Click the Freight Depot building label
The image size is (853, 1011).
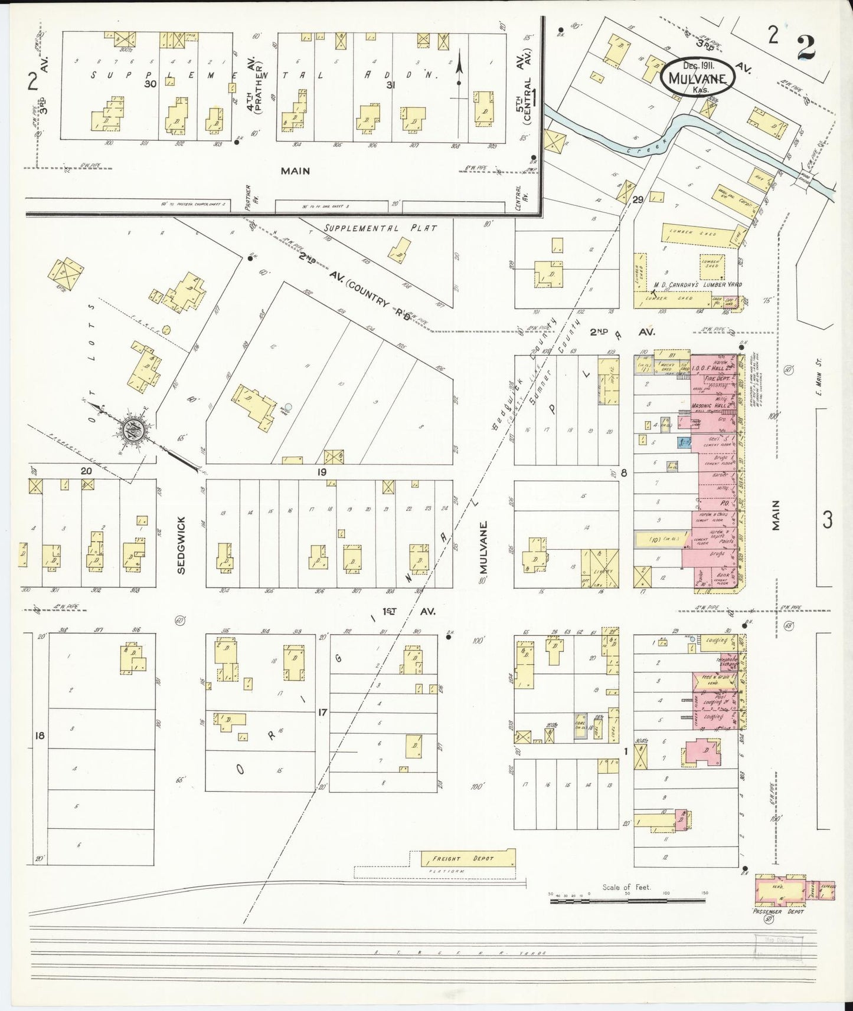click(x=470, y=859)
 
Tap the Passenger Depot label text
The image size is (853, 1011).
click(x=778, y=912)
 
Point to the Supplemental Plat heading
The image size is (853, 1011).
click(x=381, y=228)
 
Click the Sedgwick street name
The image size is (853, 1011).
click(x=181, y=546)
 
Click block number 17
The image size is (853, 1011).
click(x=322, y=713)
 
